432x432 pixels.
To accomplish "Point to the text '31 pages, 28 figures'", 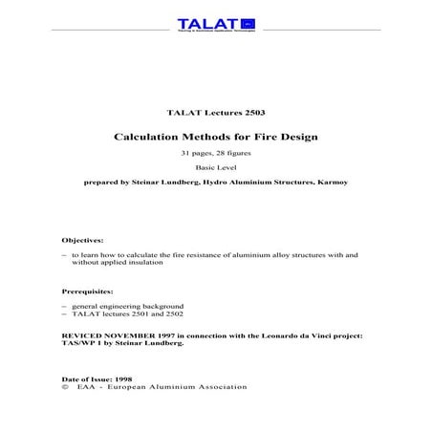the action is click(x=215, y=154).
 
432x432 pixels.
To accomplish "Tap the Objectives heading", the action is click(x=83, y=239).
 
